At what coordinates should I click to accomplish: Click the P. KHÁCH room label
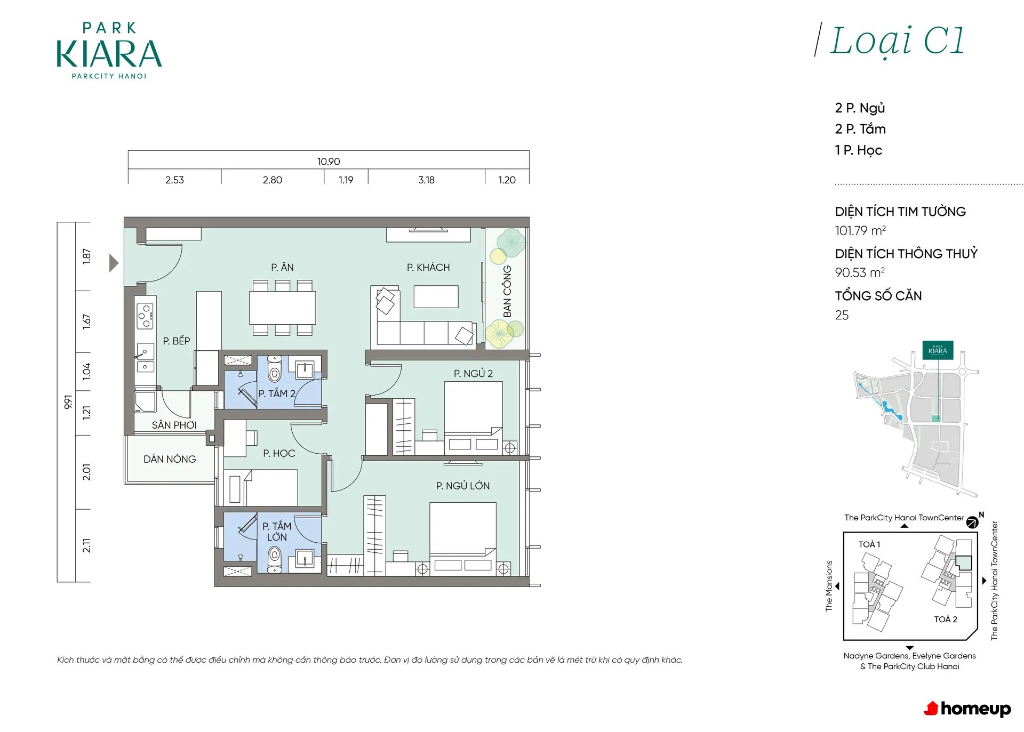click(428, 267)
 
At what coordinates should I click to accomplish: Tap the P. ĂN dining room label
click(282, 267)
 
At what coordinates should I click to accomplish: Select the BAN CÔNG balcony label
click(507, 291)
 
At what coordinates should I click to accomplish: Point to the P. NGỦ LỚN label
click(462, 486)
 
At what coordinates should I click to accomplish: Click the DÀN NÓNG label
click(170, 459)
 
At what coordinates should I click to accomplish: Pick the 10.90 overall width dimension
click(329, 162)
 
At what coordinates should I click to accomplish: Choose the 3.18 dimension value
click(426, 180)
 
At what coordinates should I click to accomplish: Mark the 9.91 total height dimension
click(68, 402)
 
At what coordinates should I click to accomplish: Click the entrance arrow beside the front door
click(114, 263)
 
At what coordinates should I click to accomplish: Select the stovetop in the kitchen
click(146, 315)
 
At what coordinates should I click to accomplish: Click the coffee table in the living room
click(436, 297)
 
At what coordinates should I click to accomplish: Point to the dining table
click(282, 308)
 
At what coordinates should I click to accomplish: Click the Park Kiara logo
click(109, 51)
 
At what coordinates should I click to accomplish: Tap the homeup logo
click(967, 709)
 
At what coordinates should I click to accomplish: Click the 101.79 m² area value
click(860, 231)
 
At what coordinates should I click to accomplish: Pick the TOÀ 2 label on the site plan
click(946, 619)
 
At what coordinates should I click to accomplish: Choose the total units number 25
click(842, 315)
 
